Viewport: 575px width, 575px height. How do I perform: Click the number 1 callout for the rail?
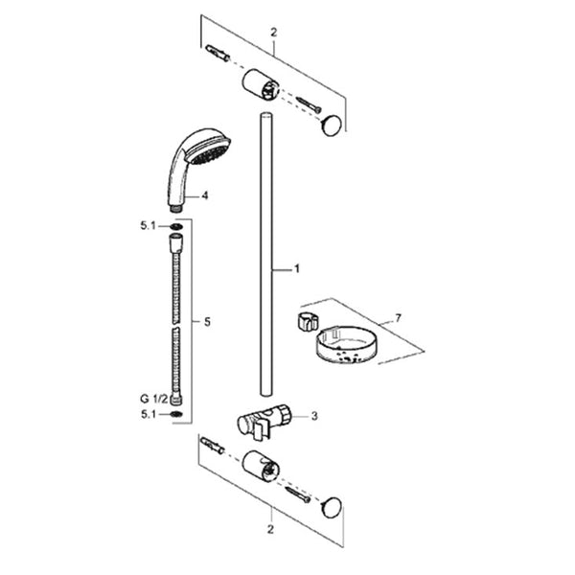[297, 268]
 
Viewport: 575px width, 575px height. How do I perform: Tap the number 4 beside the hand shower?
[205, 195]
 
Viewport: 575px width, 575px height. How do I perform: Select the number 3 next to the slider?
[314, 416]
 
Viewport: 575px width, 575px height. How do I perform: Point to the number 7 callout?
[399, 318]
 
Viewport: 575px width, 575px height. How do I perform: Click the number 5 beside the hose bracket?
[208, 322]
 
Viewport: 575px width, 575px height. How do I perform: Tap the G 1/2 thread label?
[153, 399]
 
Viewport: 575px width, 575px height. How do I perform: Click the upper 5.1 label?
[149, 226]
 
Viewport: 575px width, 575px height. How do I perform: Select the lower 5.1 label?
[149, 414]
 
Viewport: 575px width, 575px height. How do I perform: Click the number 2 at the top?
[274, 33]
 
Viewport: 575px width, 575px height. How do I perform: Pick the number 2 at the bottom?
[270, 530]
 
